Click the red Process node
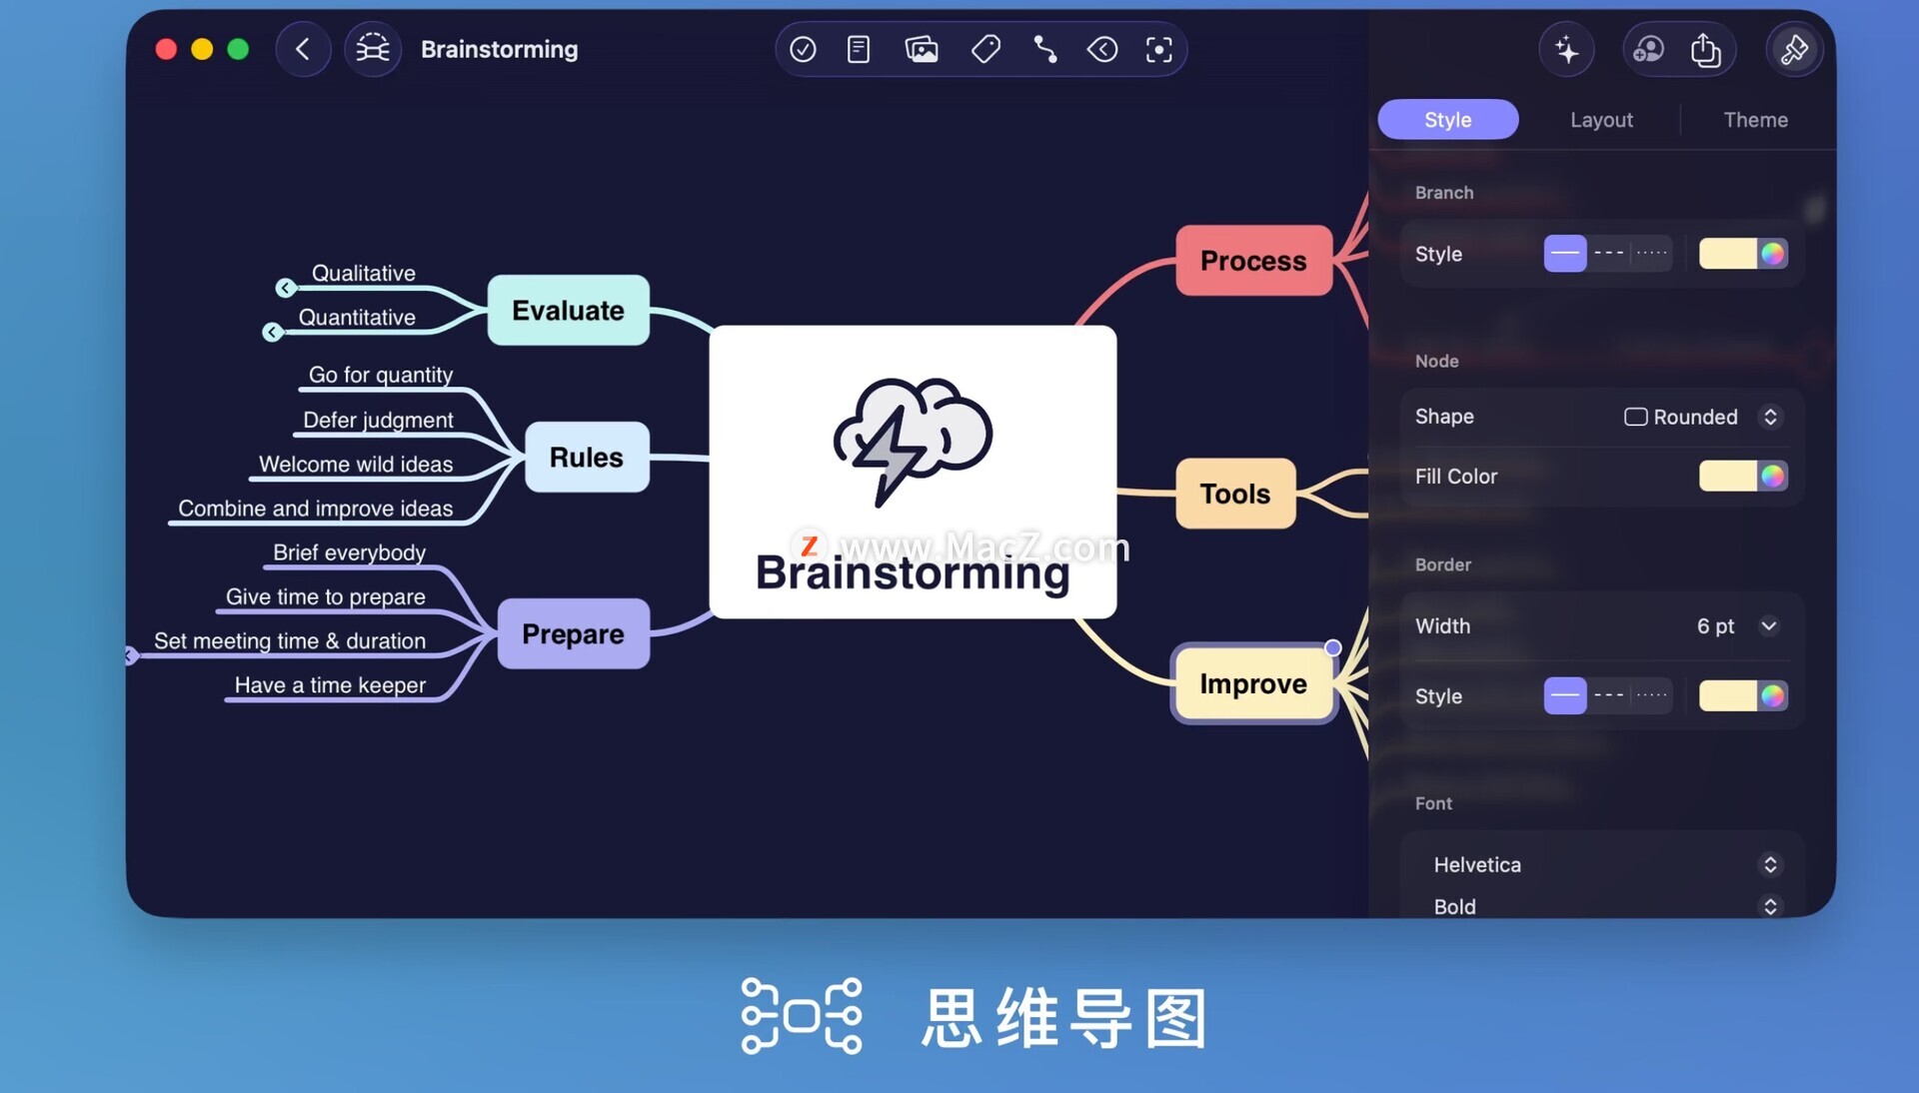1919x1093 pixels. (x=1253, y=261)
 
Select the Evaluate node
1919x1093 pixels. (x=568, y=311)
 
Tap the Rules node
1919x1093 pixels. (x=587, y=458)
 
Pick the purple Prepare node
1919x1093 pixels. (x=573, y=634)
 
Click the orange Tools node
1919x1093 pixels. (x=1235, y=494)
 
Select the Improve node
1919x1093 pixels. (x=1253, y=684)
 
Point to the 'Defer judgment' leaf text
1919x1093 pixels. (x=378, y=420)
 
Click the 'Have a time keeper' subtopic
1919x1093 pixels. (x=330, y=685)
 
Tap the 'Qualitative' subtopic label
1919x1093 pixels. (x=364, y=273)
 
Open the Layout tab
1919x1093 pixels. (x=1601, y=120)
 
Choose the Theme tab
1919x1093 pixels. (x=1755, y=120)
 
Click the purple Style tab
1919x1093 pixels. (x=1447, y=120)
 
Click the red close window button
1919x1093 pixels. (x=166, y=49)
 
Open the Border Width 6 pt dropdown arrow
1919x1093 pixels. (x=1768, y=626)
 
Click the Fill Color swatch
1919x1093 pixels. (x=1743, y=477)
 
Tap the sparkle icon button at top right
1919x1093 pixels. (x=1566, y=49)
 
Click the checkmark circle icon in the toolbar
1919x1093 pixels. (x=803, y=49)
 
